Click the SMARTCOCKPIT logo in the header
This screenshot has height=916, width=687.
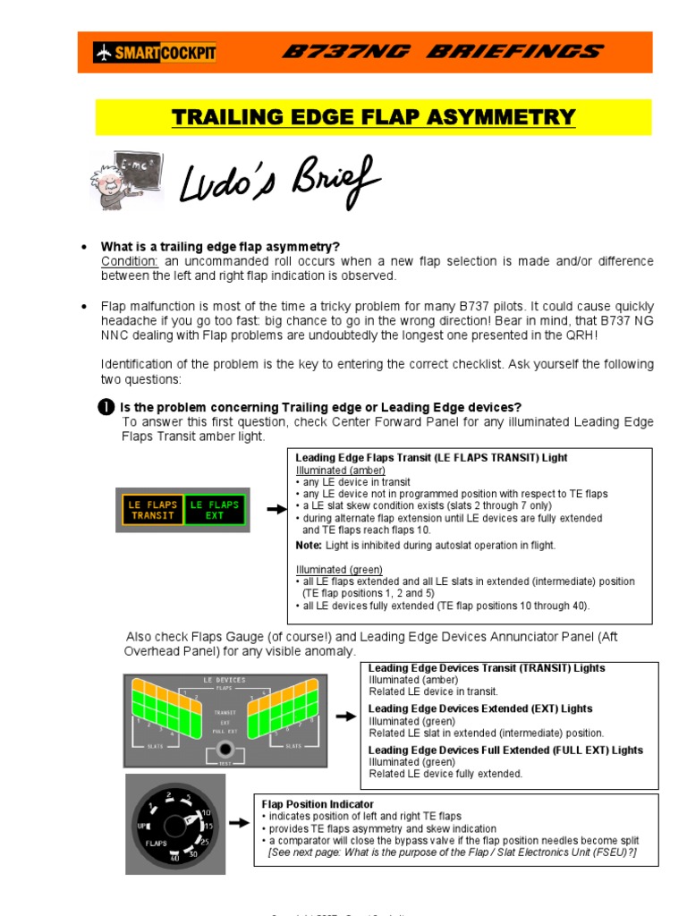click(154, 53)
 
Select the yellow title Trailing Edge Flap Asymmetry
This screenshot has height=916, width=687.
click(373, 117)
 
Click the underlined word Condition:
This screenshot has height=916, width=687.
click(130, 261)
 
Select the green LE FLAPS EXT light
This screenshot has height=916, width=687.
click(215, 510)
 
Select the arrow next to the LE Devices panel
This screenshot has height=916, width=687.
click(345, 717)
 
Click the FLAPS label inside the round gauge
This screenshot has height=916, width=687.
click(157, 843)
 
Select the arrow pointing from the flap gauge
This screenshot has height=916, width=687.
click(238, 824)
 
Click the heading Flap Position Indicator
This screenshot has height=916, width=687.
click(318, 804)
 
